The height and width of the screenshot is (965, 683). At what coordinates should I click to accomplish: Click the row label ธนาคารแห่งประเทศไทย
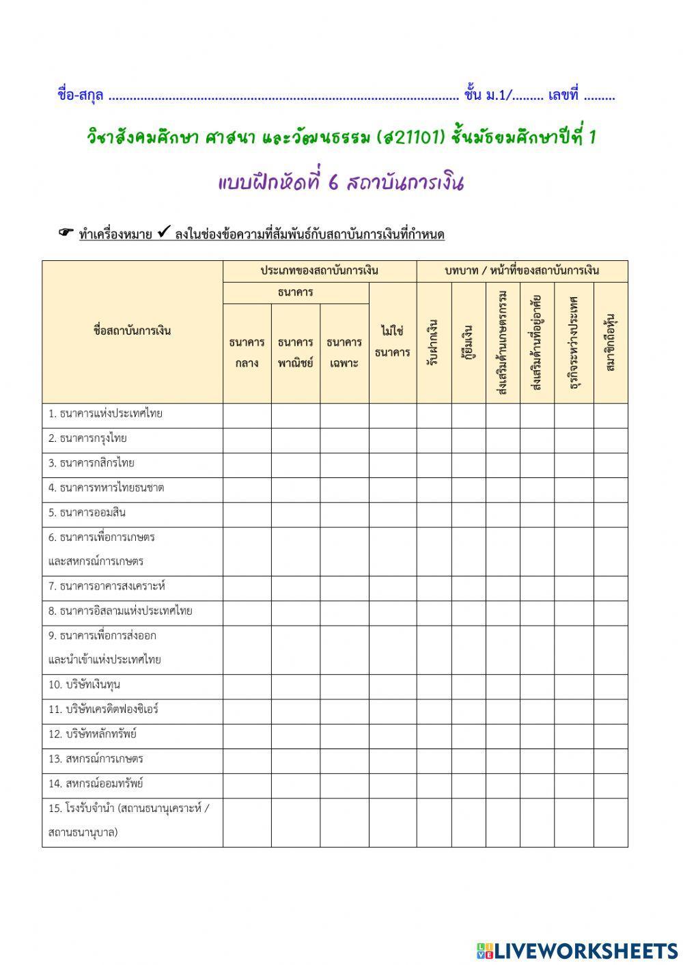click(x=105, y=414)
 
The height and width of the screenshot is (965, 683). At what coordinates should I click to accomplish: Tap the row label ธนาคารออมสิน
click(x=87, y=513)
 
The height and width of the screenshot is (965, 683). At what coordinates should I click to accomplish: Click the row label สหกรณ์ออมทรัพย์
click(x=96, y=784)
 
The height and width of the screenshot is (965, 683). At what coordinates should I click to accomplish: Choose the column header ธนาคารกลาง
click(x=247, y=352)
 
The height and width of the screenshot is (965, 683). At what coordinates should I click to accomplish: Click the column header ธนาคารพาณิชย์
click(x=295, y=352)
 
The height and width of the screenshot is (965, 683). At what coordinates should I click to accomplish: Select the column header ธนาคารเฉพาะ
click(x=344, y=352)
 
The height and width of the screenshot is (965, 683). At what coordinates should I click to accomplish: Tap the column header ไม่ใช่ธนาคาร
click(x=393, y=341)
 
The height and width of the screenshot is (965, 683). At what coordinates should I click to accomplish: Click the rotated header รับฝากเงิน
click(x=433, y=341)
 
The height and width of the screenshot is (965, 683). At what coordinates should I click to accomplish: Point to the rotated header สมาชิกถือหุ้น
click(x=610, y=341)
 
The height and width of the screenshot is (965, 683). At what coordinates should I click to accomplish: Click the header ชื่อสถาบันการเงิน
click(x=132, y=331)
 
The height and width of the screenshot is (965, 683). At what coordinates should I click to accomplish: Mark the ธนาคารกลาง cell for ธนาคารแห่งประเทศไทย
click(x=247, y=415)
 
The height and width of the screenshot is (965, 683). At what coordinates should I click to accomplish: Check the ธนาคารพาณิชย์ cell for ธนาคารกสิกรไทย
click(x=295, y=465)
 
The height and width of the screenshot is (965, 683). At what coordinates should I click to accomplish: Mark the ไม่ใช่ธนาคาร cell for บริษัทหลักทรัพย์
click(x=393, y=736)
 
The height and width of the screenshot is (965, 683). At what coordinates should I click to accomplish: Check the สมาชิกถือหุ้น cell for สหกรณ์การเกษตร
click(x=610, y=761)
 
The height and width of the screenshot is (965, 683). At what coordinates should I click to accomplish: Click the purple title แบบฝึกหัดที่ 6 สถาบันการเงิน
click(x=341, y=183)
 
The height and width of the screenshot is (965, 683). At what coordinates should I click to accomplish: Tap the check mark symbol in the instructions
click(x=163, y=233)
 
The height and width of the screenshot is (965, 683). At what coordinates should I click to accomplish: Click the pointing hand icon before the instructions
click(x=66, y=234)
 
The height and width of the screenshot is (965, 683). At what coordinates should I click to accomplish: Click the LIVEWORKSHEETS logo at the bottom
click(x=578, y=950)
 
